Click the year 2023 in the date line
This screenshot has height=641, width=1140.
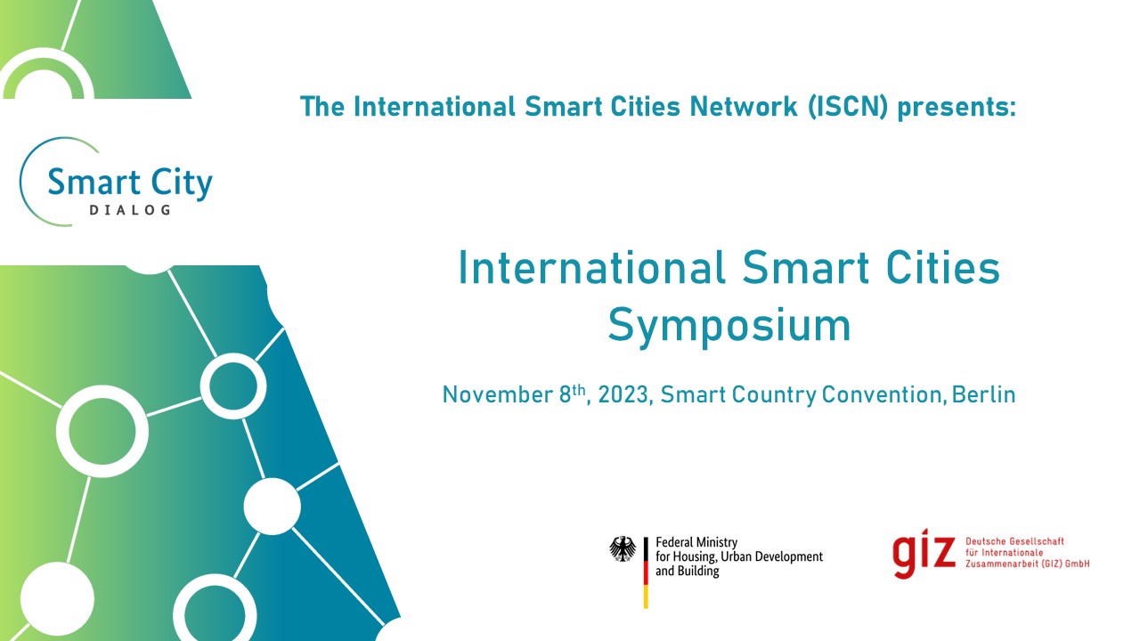point(623,394)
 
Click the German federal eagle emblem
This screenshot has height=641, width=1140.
point(623,548)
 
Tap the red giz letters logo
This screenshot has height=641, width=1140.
point(924,556)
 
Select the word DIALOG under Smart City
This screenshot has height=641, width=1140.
point(130,211)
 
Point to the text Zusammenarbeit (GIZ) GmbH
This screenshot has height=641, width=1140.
point(1027,564)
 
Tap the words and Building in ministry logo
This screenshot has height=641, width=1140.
point(687,571)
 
